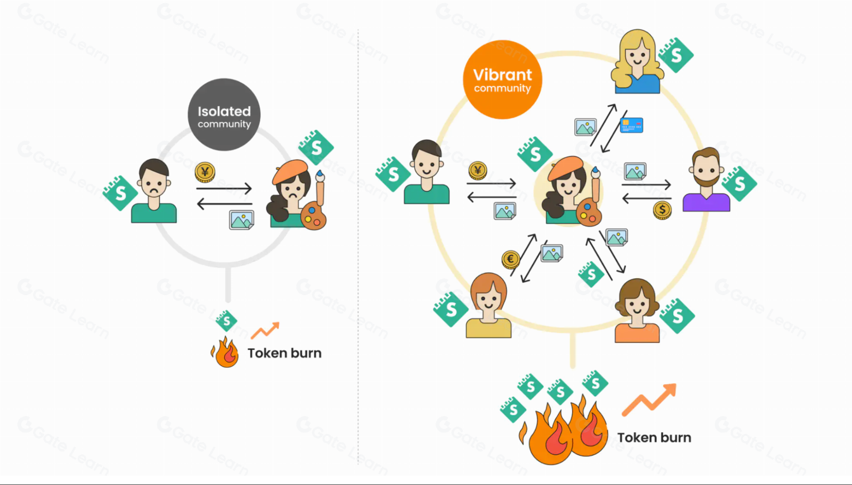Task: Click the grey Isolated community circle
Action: [224, 115]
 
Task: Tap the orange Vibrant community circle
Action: [502, 80]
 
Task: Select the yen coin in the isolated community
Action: [205, 172]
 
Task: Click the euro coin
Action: [510, 259]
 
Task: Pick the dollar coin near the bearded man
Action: [662, 210]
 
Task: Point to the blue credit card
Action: [631, 125]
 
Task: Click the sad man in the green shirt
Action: [154, 192]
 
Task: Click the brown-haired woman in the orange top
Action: [637, 311]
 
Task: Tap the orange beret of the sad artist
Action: [290, 170]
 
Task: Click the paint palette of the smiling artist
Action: [589, 212]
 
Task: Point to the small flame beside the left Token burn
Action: [225, 353]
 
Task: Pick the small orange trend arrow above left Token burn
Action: [265, 330]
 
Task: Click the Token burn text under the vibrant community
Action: [654, 438]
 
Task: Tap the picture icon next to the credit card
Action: [585, 127]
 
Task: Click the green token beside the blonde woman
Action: [676, 55]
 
